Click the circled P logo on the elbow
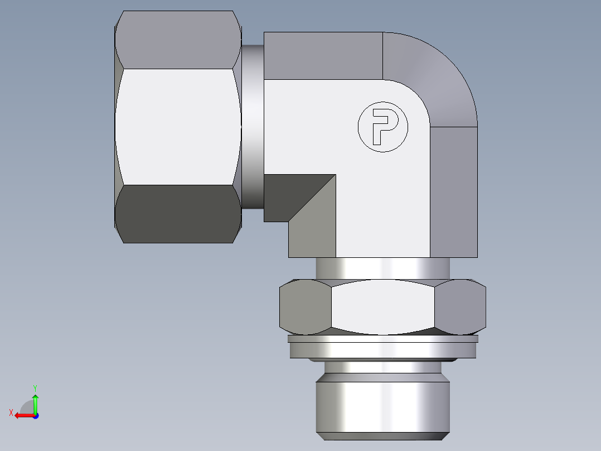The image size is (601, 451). (x=382, y=127)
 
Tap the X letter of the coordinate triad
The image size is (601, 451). (x=11, y=412)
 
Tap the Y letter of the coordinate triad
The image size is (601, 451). (x=35, y=387)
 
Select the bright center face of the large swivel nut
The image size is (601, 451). (x=177, y=127)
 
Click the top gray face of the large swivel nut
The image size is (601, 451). (x=177, y=39)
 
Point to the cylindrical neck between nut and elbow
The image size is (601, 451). (x=252, y=127)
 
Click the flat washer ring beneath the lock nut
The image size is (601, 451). (x=383, y=349)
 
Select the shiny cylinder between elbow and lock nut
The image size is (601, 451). (x=383, y=268)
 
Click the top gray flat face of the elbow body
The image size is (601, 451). (x=323, y=55)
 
